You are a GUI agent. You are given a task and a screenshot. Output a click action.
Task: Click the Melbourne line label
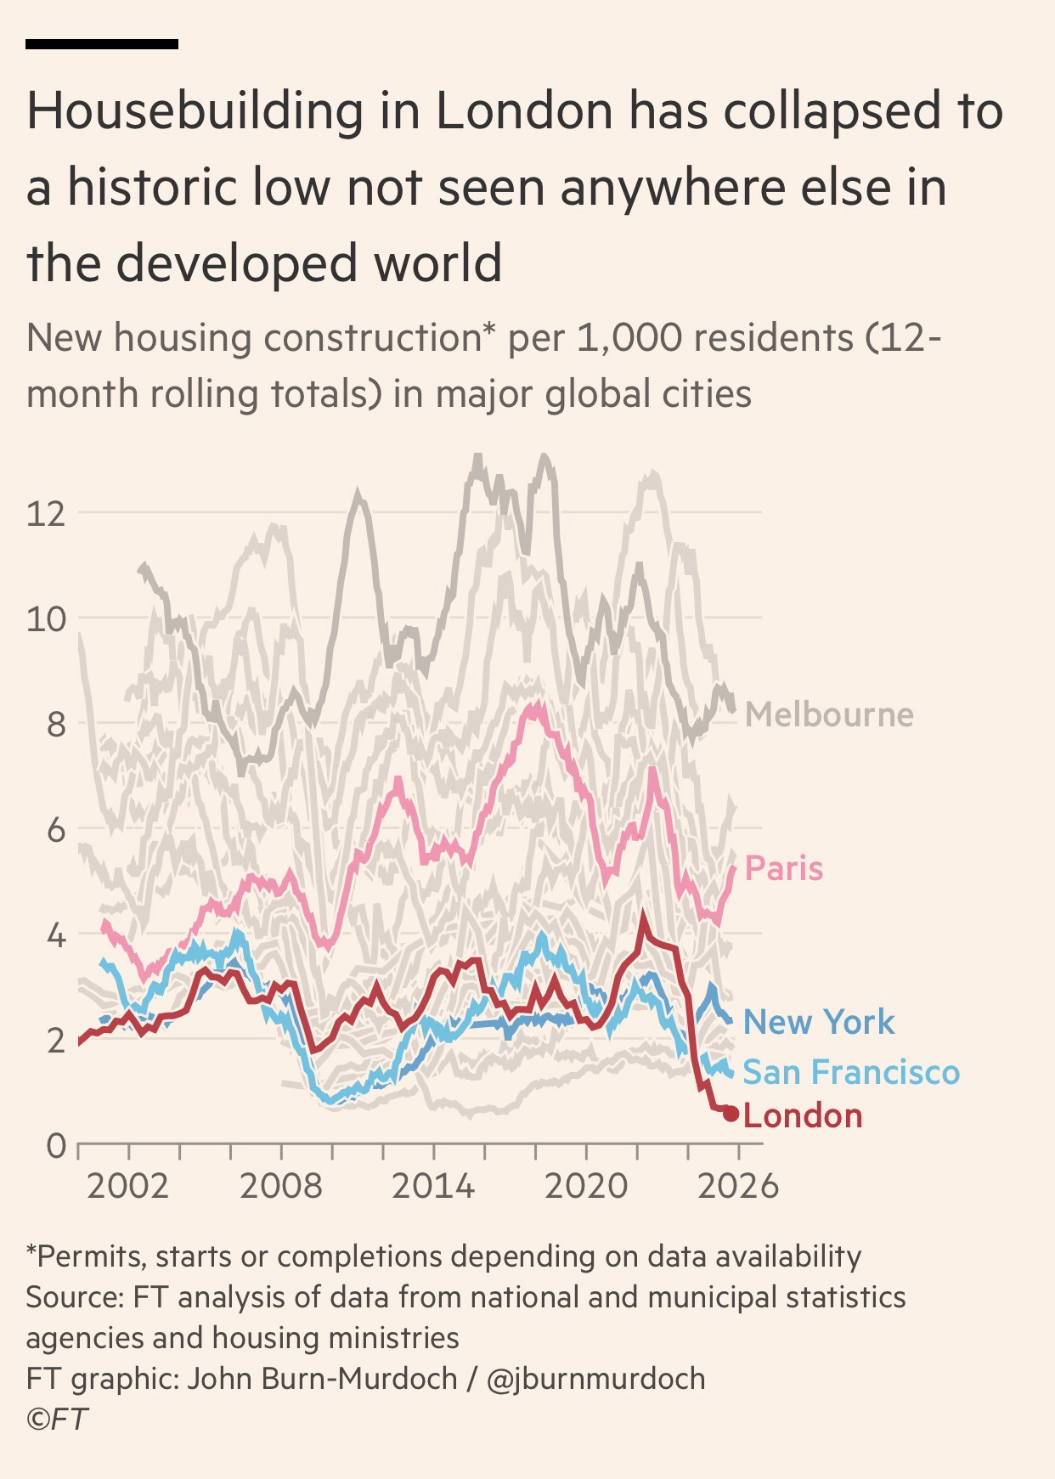(829, 714)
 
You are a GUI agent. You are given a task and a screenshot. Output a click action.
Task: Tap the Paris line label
(783, 868)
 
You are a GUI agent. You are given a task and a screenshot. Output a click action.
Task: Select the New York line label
(819, 1022)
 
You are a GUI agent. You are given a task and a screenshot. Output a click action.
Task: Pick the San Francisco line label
(851, 1072)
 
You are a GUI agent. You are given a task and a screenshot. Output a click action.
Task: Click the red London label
(803, 1115)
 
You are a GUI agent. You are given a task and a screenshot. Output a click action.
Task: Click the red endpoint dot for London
(731, 1113)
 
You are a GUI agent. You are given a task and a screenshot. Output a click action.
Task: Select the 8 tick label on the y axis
(55, 725)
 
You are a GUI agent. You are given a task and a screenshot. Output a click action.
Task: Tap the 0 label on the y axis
(55, 1146)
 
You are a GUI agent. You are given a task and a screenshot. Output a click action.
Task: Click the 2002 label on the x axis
(128, 1185)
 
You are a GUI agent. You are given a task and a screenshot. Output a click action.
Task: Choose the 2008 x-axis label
(281, 1185)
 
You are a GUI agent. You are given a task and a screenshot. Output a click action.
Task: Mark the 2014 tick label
(433, 1185)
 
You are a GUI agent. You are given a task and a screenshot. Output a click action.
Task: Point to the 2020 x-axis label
(586, 1185)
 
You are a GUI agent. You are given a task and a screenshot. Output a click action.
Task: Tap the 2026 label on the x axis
(738, 1185)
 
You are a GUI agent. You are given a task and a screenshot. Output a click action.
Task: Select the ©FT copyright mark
(57, 1420)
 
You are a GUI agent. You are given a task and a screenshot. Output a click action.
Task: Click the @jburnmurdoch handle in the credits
(595, 1378)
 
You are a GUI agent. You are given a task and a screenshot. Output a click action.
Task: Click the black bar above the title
(102, 43)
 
